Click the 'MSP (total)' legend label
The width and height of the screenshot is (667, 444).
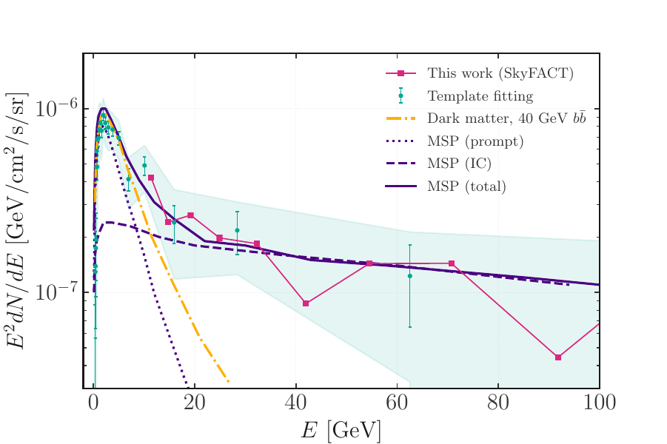click(x=466, y=186)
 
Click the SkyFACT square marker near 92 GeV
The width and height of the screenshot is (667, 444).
click(x=558, y=357)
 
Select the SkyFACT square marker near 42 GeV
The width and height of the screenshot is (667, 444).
click(x=306, y=303)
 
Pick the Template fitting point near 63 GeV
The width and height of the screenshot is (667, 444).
click(x=410, y=276)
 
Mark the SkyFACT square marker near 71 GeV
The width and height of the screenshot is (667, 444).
click(x=452, y=263)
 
